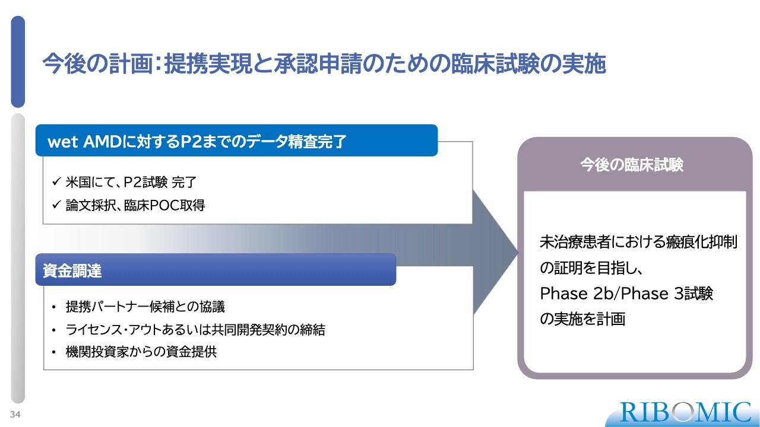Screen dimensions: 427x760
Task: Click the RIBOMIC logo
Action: point(685,412)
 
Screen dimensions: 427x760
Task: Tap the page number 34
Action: point(15,415)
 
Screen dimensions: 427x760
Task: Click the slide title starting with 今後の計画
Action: point(324,64)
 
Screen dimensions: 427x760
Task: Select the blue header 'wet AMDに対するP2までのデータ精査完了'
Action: point(236,141)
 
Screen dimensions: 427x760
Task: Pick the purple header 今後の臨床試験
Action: point(632,165)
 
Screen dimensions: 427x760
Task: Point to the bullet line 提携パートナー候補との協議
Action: point(145,307)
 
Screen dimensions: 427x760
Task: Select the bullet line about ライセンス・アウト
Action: point(195,330)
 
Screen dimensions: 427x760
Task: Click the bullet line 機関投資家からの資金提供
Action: point(141,352)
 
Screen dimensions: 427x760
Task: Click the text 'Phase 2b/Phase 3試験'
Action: point(626,294)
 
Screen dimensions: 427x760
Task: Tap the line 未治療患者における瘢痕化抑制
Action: point(638,243)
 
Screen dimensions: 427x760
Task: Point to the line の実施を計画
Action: point(582,319)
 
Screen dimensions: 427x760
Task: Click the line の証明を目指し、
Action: point(591,268)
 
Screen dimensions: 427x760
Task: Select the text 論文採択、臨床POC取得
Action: point(135,205)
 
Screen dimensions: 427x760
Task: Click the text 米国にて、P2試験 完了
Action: point(131,182)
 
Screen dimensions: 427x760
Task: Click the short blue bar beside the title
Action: point(18,62)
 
